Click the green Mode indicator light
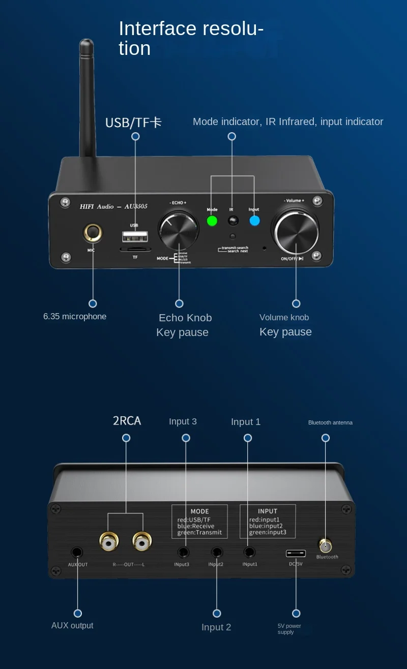click(212, 221)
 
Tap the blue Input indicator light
click(254, 221)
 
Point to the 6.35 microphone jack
click(93, 233)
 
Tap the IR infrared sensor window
click(233, 221)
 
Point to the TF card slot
click(135, 250)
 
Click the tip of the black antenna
click(86, 43)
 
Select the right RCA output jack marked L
click(142, 543)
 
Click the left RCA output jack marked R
click(109, 543)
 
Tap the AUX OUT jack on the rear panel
click(77, 552)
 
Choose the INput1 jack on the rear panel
click(249, 552)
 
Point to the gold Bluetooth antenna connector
click(325, 546)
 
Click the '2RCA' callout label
click(127, 421)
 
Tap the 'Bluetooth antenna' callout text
click(330, 422)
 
